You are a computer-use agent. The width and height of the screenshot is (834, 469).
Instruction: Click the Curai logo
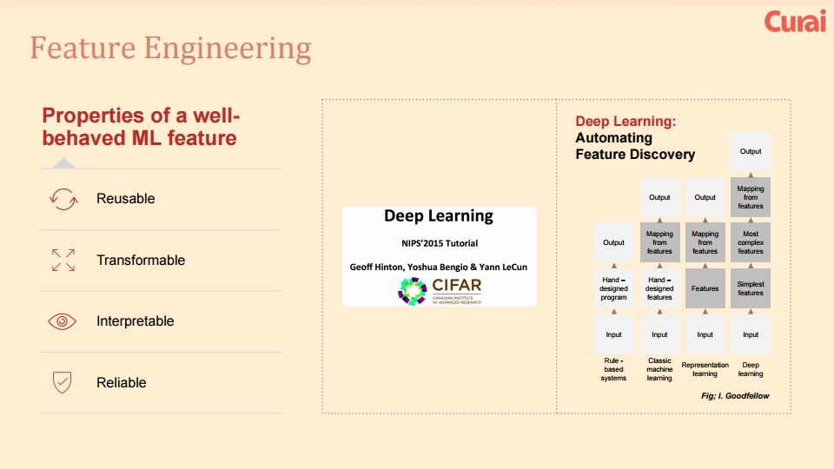794,22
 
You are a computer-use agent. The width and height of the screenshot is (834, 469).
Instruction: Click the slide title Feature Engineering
170,48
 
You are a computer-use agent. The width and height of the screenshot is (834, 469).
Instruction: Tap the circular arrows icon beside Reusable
63,199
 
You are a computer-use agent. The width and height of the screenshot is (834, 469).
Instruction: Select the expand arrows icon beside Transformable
63,260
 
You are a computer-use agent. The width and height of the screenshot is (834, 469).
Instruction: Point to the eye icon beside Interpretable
63,321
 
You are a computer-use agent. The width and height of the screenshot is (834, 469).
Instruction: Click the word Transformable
141,260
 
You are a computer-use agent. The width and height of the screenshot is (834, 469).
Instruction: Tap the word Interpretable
136,321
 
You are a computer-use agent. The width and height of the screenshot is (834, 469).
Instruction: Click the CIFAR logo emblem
413,290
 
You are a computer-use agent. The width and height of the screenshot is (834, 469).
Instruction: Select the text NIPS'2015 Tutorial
439,243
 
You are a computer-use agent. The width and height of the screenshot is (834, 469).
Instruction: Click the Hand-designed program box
613,288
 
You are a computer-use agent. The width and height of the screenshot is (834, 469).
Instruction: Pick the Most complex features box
751,242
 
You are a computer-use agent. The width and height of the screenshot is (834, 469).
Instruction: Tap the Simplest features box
751,288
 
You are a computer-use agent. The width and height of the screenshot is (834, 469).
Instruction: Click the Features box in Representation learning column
705,288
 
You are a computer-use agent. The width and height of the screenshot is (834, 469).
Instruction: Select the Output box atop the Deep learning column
751,151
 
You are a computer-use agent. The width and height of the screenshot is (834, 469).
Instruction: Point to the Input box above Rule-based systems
613,334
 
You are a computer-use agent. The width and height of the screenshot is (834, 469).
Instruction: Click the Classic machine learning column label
659,369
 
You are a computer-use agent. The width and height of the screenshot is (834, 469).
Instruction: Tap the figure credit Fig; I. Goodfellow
734,396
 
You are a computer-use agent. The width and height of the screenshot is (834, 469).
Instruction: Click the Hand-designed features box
659,288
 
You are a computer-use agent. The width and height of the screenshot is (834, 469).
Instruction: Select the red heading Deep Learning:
625,122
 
